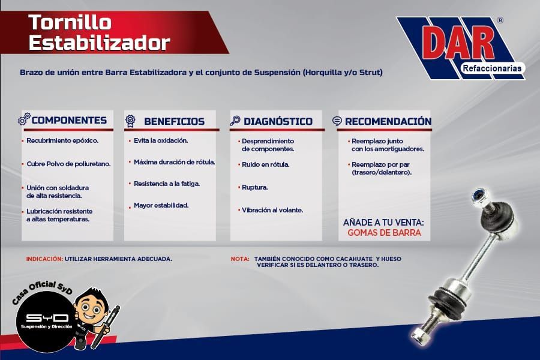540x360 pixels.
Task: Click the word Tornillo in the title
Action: [x=70, y=23]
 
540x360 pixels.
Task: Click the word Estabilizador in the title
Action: [x=99, y=43]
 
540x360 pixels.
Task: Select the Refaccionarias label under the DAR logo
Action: [x=492, y=68]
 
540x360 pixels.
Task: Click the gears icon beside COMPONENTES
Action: [x=24, y=119]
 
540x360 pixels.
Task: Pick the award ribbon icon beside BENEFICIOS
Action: [x=130, y=121]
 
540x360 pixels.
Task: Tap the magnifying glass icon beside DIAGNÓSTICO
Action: [x=235, y=121]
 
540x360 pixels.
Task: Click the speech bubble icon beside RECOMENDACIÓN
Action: [x=337, y=121]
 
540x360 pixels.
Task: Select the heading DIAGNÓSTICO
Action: [x=278, y=121]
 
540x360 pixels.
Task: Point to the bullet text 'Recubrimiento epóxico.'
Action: [x=62, y=140]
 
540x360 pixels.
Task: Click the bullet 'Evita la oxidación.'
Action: [x=161, y=140]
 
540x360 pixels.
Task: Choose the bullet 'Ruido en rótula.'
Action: [x=266, y=164]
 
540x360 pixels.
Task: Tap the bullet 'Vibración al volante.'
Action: [x=272, y=210]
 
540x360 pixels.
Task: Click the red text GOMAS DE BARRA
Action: [x=384, y=233]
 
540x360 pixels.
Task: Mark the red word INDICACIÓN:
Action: [x=44, y=259]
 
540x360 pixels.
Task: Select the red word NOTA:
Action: [x=240, y=259]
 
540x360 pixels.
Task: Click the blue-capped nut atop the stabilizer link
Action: [x=478, y=196]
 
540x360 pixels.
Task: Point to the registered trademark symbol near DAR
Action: [x=500, y=20]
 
